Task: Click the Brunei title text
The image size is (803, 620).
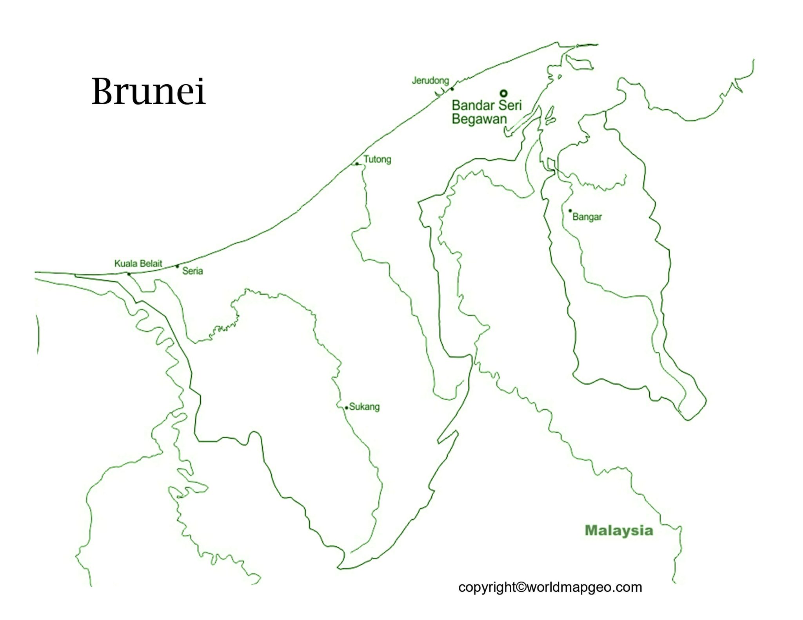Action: click(148, 91)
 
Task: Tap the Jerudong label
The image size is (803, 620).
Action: click(430, 81)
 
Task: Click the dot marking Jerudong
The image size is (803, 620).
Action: click(452, 89)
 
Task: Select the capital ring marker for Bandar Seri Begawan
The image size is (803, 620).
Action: click(503, 93)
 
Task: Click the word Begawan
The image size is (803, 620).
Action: click(479, 119)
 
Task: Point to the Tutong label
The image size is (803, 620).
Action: click(377, 159)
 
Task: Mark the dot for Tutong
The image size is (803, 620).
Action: click(357, 164)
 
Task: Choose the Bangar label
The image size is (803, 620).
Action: click(587, 217)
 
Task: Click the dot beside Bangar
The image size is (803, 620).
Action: click(570, 211)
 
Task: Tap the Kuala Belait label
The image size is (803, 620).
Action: click(138, 264)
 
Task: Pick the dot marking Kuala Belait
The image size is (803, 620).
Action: click(129, 274)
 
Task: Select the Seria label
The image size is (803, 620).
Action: click(193, 271)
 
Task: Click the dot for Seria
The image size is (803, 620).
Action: click(177, 266)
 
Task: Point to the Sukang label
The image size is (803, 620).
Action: click(364, 407)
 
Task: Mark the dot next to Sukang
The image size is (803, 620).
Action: click(347, 408)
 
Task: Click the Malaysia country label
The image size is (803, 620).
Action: click(619, 531)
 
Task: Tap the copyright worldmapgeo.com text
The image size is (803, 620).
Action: click(550, 587)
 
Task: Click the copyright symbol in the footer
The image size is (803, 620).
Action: click(521, 587)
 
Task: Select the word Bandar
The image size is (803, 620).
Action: click(473, 105)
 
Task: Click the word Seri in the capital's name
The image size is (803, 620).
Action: click(510, 105)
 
